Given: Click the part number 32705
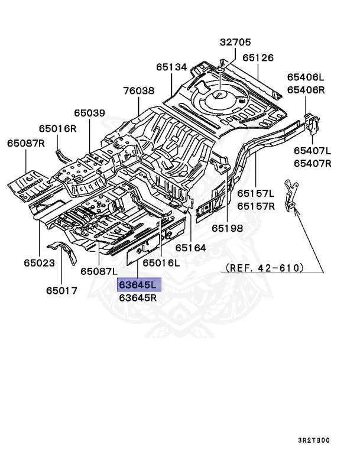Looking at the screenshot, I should click(x=235, y=43).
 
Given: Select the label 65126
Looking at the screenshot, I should click(x=258, y=58).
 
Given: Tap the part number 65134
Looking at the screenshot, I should click(x=172, y=67).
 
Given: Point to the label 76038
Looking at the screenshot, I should click(x=138, y=91).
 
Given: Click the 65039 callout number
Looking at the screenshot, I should click(x=89, y=113).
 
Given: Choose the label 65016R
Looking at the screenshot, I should click(x=57, y=128).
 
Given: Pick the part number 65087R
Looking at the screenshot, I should click(x=26, y=143).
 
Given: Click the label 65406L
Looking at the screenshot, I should click(x=306, y=77).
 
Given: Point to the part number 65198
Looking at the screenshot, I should click(x=228, y=228).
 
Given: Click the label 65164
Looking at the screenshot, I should click(x=190, y=248).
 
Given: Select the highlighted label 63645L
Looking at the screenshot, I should click(x=138, y=285).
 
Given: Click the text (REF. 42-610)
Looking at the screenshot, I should click(x=264, y=268).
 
